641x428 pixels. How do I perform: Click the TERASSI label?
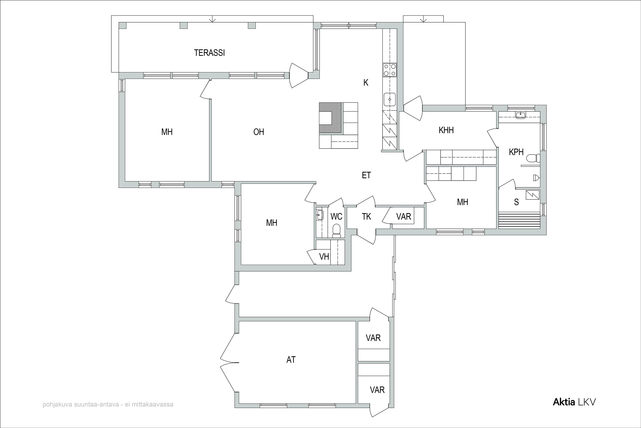coord(209,53)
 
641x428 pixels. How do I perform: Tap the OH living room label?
coord(259,132)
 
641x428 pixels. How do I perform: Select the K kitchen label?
coord(366,82)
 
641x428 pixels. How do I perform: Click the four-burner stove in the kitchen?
coord(390,70)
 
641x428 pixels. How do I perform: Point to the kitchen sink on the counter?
coord(390,99)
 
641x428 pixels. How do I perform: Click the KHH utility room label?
coord(446,130)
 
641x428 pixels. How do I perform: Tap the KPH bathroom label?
coord(516,152)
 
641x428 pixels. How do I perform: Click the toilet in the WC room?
coord(337,231)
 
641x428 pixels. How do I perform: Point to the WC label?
coord(336,216)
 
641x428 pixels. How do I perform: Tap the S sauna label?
coord(516,202)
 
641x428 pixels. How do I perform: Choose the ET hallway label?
coord(366,175)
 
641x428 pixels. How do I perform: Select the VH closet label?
coord(324,257)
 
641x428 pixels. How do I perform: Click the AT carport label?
coord(291,360)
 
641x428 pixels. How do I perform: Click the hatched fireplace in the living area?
coord(330,118)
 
